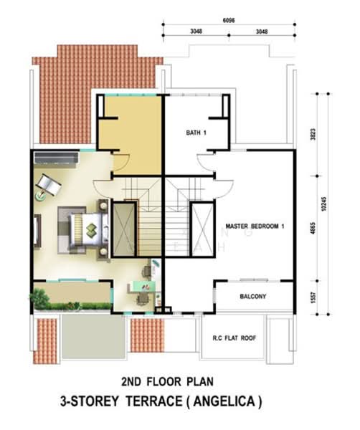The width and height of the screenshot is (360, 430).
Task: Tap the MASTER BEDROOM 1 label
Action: [x=255, y=226]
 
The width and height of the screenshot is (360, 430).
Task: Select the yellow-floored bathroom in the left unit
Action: [x=129, y=123]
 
